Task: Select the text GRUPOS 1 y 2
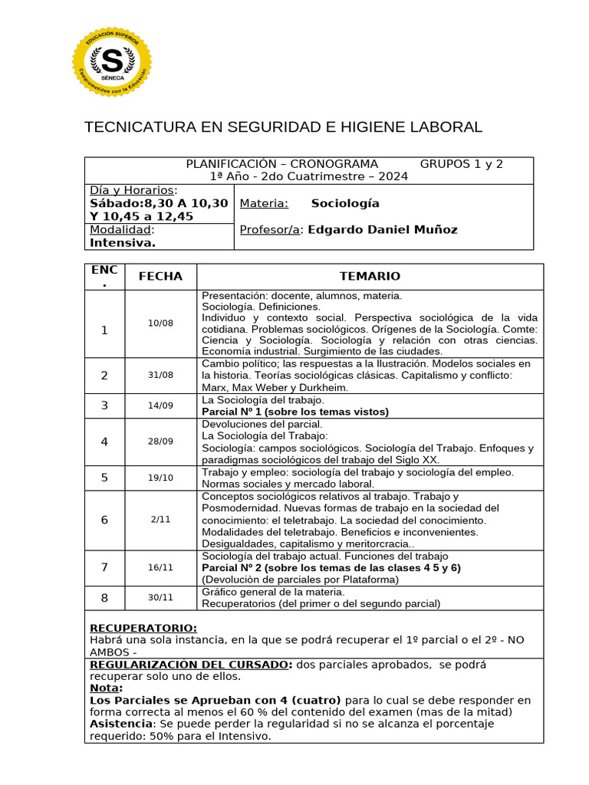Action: pos(461,164)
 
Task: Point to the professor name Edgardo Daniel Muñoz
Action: pos(382,229)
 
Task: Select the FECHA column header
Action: pos(160,277)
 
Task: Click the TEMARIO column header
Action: pos(370,277)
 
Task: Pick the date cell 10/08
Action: pos(160,324)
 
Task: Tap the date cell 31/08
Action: pos(160,375)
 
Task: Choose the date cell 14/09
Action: pos(160,406)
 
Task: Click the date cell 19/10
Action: pos(160,478)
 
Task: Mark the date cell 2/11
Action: pos(160,520)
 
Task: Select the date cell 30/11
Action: pos(160,598)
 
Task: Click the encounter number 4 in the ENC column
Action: pos(104,442)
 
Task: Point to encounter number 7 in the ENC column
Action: pos(104,567)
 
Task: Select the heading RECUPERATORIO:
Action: pos(143,628)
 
